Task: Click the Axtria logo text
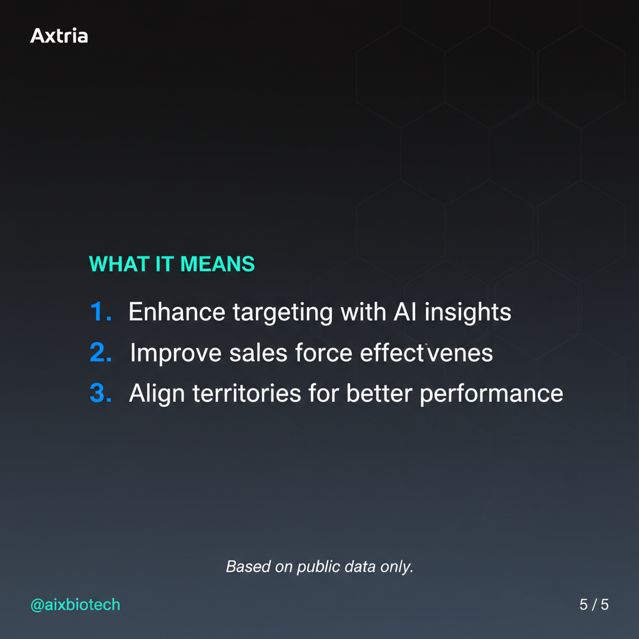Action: click(x=59, y=36)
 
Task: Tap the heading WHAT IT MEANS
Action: click(x=172, y=264)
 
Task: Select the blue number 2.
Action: click(x=100, y=353)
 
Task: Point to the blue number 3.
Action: click(x=100, y=394)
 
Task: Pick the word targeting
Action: click(x=283, y=313)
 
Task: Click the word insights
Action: click(x=467, y=313)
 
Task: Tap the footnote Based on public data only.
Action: click(x=319, y=567)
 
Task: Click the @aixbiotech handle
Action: click(x=75, y=605)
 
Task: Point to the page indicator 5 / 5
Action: click(x=593, y=605)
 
